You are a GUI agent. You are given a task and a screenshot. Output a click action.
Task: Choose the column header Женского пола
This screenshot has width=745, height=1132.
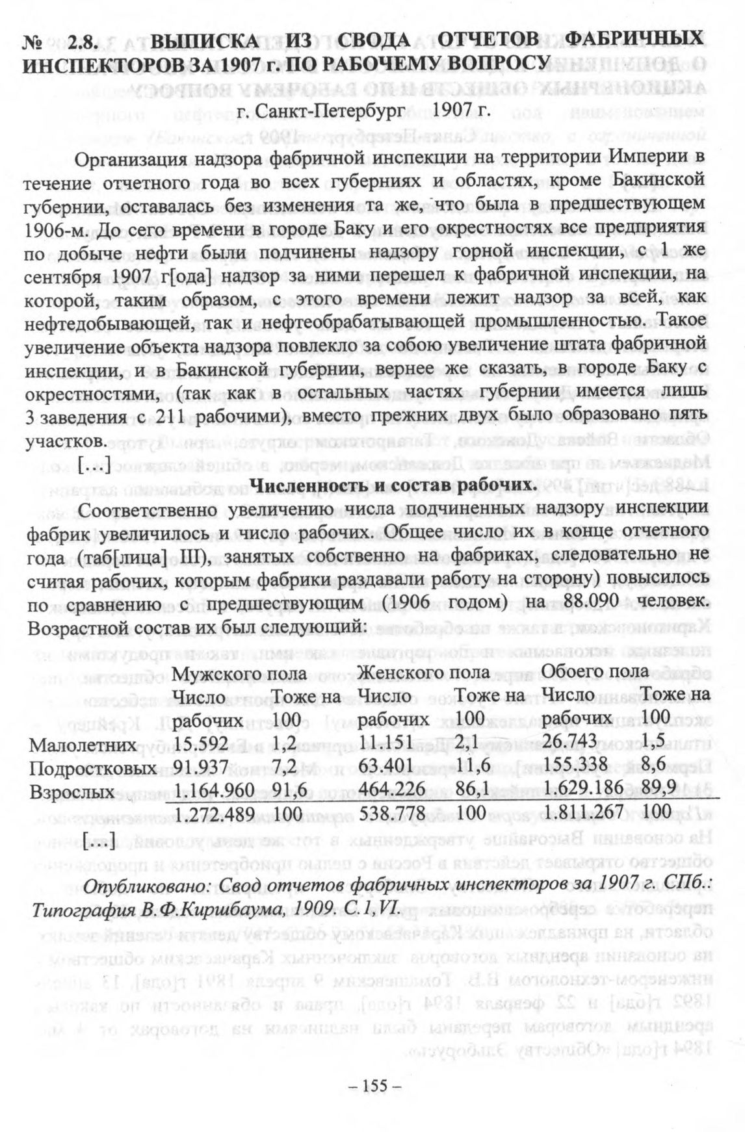click(x=424, y=671)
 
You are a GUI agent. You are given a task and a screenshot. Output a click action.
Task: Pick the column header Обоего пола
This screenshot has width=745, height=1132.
click(x=595, y=671)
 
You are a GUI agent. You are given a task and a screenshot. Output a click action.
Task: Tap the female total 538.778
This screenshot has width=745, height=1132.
click(x=392, y=814)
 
